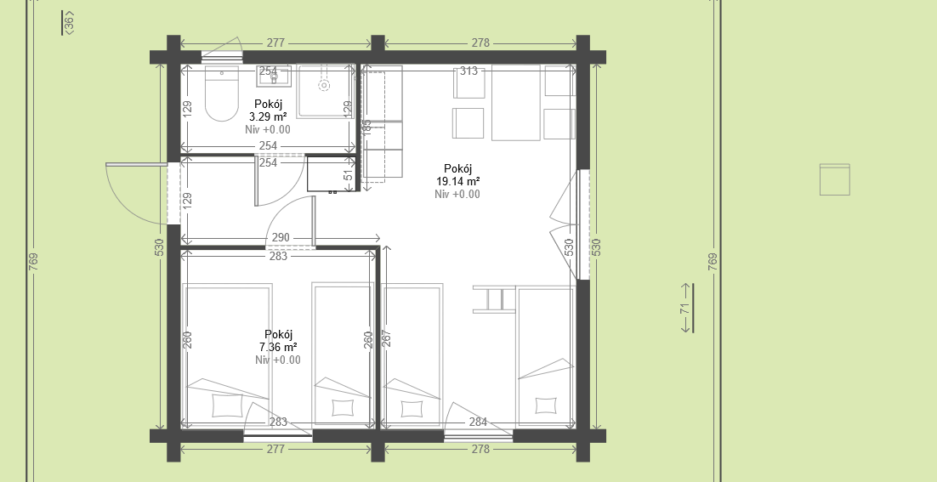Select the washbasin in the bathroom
click(x=275, y=76)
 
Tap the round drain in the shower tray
click(x=325, y=85)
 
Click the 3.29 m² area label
click(x=268, y=116)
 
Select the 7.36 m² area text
click(x=278, y=347)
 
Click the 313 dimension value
click(x=469, y=71)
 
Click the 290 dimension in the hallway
click(x=281, y=238)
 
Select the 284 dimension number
click(x=478, y=422)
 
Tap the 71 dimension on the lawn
click(x=684, y=309)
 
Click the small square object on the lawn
click(x=835, y=179)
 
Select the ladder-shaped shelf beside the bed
click(x=494, y=298)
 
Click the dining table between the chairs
click(x=516, y=103)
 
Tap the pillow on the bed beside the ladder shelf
click(x=546, y=405)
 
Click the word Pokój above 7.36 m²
click(x=279, y=334)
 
